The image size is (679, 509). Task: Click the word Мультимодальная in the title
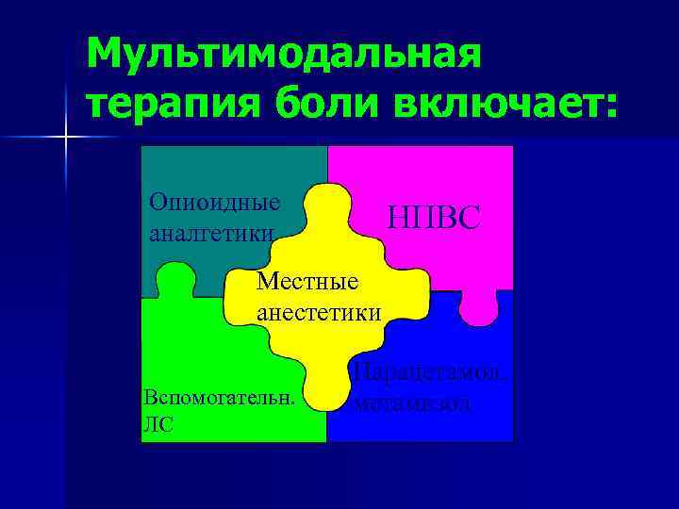click(x=284, y=57)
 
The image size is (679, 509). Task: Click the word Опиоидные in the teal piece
click(x=215, y=203)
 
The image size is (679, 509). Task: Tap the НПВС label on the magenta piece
click(x=435, y=220)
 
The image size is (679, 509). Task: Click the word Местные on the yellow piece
click(x=307, y=281)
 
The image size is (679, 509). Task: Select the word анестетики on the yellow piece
click(x=320, y=312)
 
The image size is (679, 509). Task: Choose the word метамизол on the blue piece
click(x=414, y=402)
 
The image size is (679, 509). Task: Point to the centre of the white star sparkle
click(x=66, y=138)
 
